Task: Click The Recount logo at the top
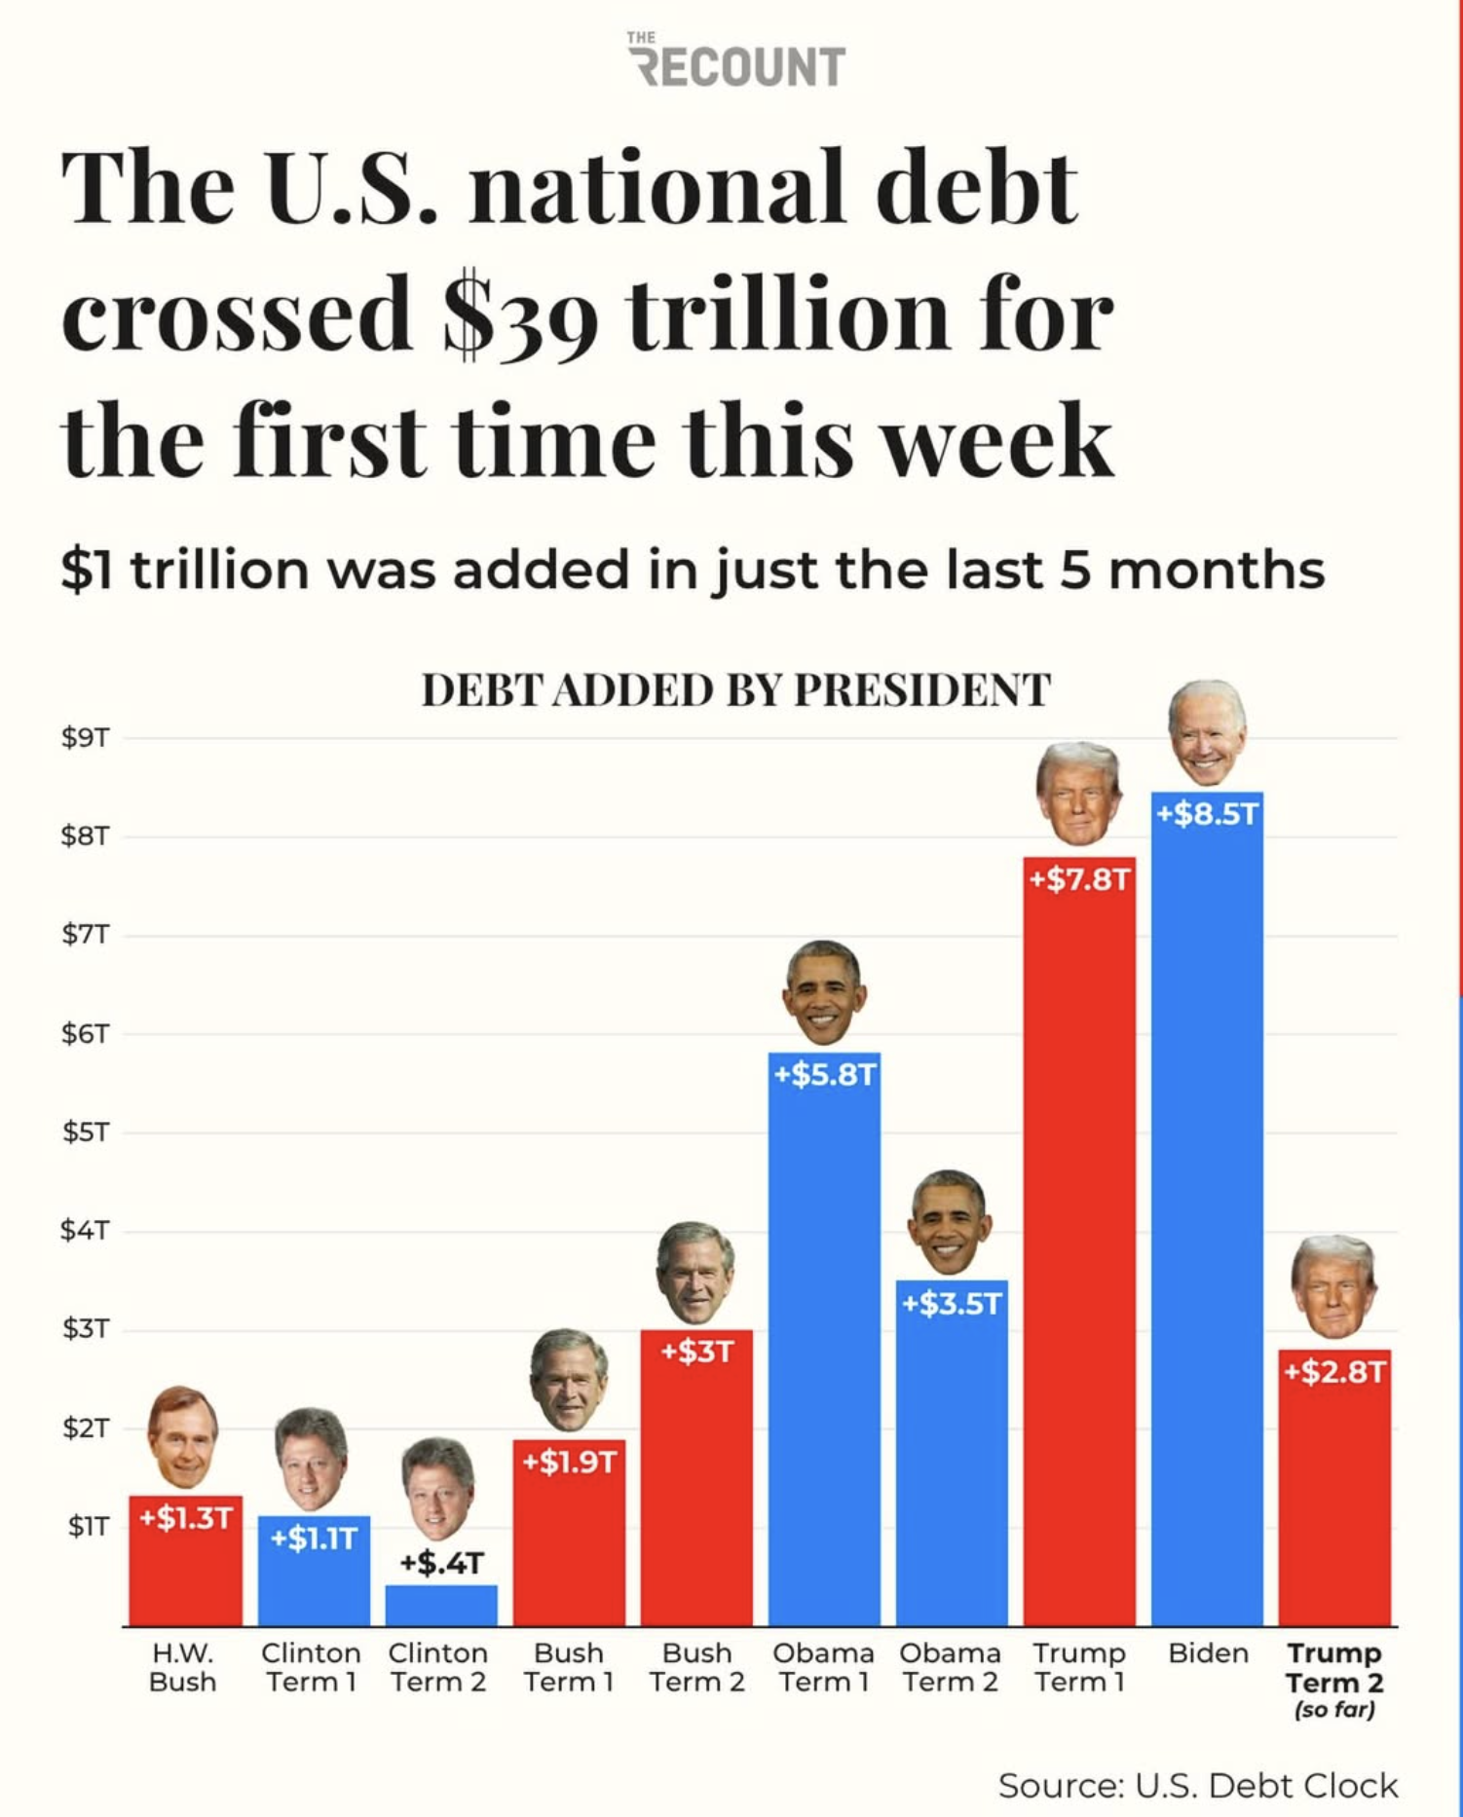(737, 62)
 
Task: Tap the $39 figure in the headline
(519, 315)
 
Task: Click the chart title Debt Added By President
(735, 690)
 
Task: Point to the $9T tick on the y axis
(85, 738)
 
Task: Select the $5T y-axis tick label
(85, 1132)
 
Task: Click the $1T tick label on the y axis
(87, 1527)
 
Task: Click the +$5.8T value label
(824, 1075)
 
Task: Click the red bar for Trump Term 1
(1079, 1266)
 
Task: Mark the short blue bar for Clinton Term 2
(441, 1606)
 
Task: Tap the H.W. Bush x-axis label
(182, 1667)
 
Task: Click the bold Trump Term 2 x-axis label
(1334, 1668)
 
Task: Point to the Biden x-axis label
(1208, 1653)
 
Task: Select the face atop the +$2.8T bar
(1333, 1287)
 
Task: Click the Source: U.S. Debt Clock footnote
(1197, 1786)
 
